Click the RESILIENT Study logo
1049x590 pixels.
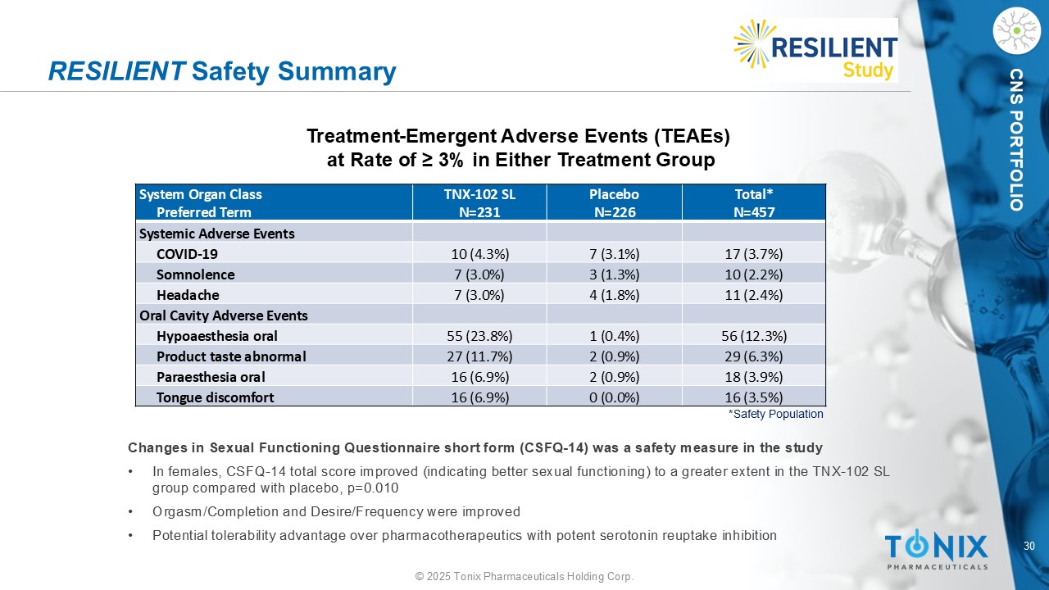(x=815, y=50)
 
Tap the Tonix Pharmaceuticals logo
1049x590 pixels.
(x=936, y=549)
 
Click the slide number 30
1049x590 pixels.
(x=1030, y=546)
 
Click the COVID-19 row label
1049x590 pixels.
(x=187, y=254)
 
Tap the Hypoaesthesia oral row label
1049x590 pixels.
(x=217, y=336)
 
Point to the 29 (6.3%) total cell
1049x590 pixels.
(x=754, y=356)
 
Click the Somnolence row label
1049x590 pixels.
(x=195, y=275)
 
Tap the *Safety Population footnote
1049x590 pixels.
(x=775, y=415)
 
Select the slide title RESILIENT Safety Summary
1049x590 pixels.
(x=222, y=72)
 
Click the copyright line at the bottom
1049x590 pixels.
(x=524, y=577)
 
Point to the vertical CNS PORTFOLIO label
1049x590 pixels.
(x=1016, y=139)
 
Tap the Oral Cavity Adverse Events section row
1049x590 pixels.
(x=224, y=315)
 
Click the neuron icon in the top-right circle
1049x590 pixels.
(x=1015, y=30)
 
